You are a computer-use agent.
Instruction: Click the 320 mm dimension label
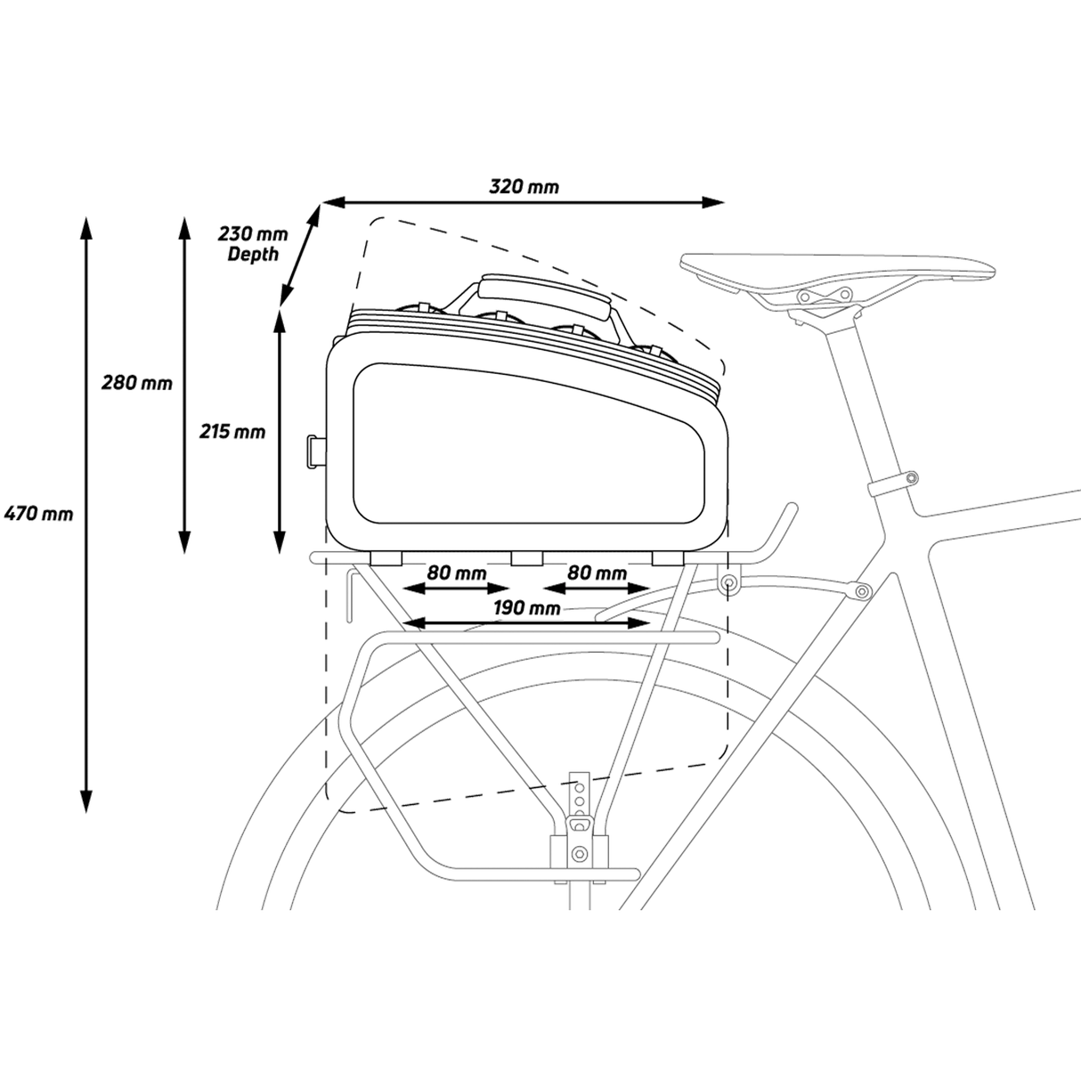(x=524, y=186)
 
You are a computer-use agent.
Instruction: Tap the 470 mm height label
(x=38, y=513)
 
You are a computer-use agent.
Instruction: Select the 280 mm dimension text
(x=137, y=383)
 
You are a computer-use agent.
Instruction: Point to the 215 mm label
(x=232, y=432)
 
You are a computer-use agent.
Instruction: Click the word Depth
(x=253, y=254)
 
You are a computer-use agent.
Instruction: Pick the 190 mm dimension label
(x=527, y=607)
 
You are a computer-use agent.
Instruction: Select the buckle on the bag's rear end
(x=316, y=451)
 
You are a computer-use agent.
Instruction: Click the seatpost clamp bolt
(x=911, y=477)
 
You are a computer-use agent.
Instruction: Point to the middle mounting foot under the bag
(x=527, y=557)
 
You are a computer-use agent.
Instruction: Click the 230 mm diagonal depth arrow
(x=299, y=256)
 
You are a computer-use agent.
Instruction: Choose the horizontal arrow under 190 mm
(x=526, y=622)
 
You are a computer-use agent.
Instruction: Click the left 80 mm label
(x=457, y=573)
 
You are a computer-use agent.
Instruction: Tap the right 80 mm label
(x=597, y=573)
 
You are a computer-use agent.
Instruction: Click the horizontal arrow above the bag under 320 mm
(x=523, y=202)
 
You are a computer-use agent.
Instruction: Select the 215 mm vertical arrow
(x=280, y=432)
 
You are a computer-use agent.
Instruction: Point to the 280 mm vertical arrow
(x=184, y=385)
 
